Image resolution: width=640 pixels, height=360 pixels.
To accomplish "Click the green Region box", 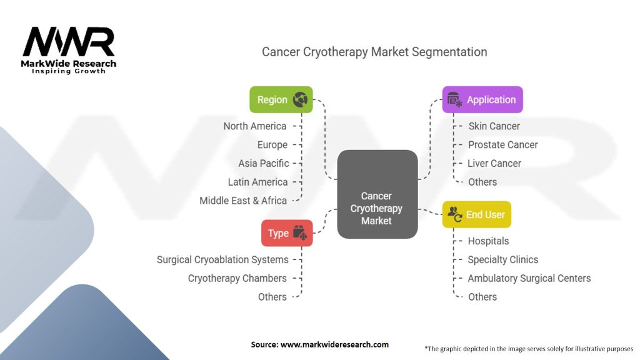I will point(281,99).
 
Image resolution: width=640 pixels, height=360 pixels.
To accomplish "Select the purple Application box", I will point(482,99).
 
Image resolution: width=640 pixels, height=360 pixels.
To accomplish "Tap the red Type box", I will point(287,233).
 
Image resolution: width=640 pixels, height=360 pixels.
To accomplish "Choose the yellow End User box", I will point(477,214).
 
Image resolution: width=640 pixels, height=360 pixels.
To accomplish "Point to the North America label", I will point(255,126).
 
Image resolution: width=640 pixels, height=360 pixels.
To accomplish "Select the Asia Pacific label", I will point(264,164).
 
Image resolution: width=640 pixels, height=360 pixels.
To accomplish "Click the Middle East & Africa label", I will point(243,201).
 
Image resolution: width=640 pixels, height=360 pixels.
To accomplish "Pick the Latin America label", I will point(258,182).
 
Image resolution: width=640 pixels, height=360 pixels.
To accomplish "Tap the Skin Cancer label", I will point(494,126).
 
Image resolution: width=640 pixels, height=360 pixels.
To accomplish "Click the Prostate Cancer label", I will point(502,145).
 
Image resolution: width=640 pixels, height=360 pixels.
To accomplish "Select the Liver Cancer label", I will point(494,164).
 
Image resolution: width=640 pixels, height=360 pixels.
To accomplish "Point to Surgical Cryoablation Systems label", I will point(222,259).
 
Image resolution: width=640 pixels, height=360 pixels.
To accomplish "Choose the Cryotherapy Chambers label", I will point(237,278).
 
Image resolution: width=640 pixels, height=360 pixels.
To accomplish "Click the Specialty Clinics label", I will point(502,259).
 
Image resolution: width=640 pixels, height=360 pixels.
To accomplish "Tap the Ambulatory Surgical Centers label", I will point(529,278).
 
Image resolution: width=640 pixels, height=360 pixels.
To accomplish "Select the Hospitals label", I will point(488,241).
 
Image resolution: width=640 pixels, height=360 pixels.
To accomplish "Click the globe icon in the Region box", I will point(300,99).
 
